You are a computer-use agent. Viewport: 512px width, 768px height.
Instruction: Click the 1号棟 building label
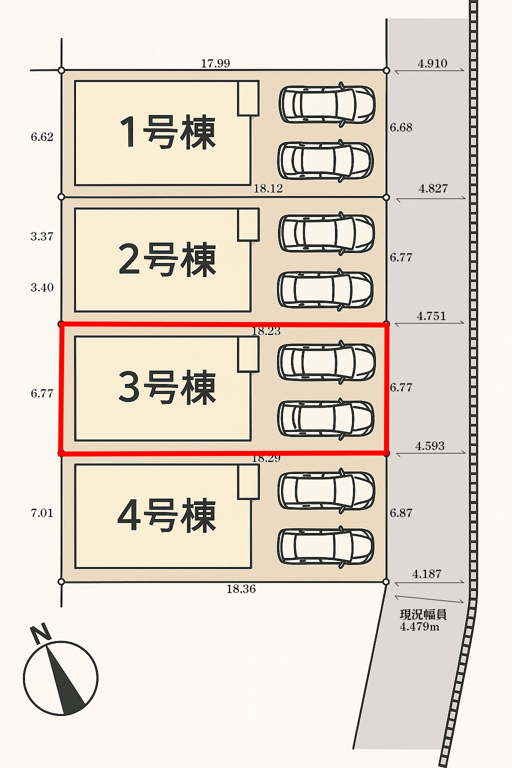167,132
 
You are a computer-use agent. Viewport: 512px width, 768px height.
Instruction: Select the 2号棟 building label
167,259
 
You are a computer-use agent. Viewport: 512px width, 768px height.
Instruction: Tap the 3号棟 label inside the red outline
167,387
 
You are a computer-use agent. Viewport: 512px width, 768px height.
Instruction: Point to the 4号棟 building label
167,515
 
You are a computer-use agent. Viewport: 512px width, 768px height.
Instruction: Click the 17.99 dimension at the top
215,63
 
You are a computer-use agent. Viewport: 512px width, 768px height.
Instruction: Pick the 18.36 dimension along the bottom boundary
241,589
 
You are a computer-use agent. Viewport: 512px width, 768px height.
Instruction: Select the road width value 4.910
432,63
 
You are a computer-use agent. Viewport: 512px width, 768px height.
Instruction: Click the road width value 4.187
426,574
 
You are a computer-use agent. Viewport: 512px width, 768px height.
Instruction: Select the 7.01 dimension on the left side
42,513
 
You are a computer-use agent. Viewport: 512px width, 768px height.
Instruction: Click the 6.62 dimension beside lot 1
42,137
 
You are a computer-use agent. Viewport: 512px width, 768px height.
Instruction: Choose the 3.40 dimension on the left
42,287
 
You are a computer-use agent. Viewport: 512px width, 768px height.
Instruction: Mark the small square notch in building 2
248,225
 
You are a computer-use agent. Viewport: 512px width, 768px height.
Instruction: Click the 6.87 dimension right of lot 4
401,513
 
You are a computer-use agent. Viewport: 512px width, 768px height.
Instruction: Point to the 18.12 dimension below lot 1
268,188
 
